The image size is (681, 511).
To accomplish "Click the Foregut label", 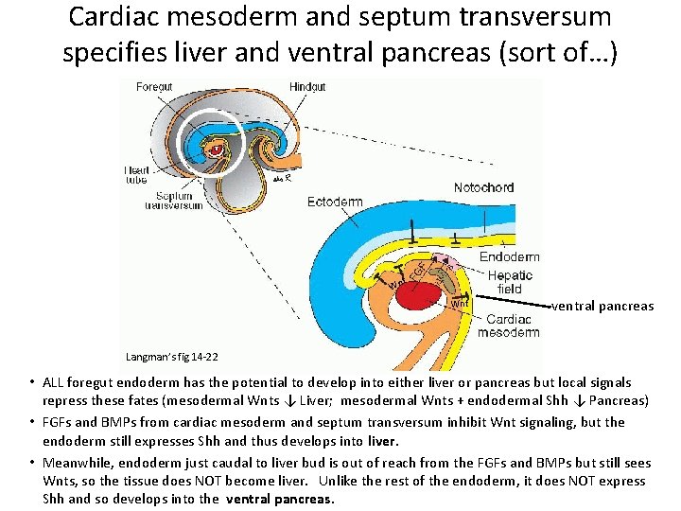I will (x=154, y=86).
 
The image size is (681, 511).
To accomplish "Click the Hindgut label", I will (x=307, y=86).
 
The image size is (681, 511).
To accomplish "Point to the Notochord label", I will (x=483, y=187).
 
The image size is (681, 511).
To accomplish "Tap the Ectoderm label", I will (x=335, y=202).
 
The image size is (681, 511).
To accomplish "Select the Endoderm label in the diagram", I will (x=509, y=256).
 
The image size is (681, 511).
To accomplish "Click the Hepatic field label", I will (x=510, y=281).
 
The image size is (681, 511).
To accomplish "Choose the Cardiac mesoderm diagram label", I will (x=508, y=326).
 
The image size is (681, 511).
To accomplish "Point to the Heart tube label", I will (x=137, y=175).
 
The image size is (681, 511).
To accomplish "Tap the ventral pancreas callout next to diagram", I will (x=602, y=306).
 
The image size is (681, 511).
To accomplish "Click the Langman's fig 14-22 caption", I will (x=172, y=357).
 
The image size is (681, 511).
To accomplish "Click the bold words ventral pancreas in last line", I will (x=283, y=499).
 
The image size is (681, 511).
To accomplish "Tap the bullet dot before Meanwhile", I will (x=30, y=463).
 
